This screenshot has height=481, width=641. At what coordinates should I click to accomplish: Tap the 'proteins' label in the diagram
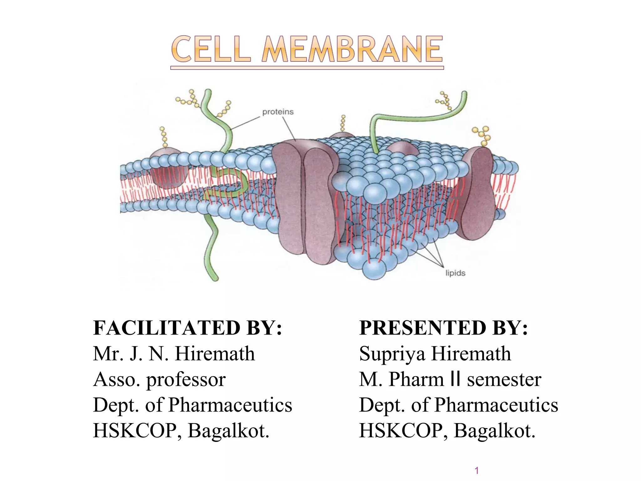click(278, 112)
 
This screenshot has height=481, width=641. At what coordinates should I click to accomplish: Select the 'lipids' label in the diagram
click(455, 273)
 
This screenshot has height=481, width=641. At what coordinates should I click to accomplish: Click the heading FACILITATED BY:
click(187, 328)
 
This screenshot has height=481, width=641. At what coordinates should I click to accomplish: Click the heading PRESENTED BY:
click(444, 328)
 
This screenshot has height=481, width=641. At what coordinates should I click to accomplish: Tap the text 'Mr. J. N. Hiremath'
click(174, 354)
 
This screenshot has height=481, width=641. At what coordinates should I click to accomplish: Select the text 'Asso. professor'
click(159, 379)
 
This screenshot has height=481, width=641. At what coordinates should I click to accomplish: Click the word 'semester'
click(504, 379)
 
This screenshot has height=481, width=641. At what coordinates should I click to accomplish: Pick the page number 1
click(477, 470)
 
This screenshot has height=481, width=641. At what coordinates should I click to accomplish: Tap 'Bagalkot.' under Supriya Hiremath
click(495, 431)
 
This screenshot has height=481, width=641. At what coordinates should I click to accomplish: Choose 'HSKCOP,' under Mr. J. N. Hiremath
click(137, 431)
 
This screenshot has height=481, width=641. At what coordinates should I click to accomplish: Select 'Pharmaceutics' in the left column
click(230, 405)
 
